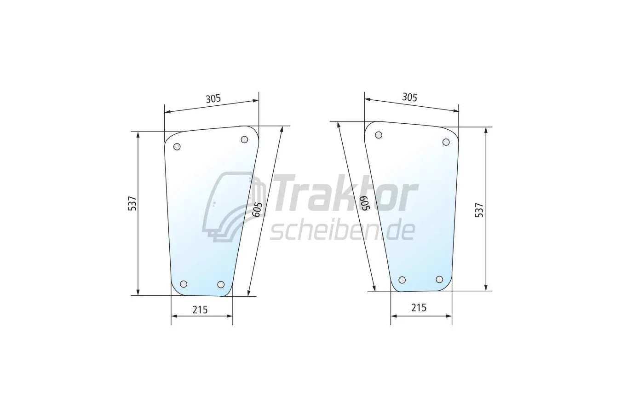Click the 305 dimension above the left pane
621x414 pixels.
point(213,98)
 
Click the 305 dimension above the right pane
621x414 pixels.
point(409,98)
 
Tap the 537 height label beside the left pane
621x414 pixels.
point(132,203)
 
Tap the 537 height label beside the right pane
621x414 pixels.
point(479,210)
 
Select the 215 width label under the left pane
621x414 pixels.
point(200,310)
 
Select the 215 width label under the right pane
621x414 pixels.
point(419,308)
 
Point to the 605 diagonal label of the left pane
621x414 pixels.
point(257,209)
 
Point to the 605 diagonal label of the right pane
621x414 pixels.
point(365,204)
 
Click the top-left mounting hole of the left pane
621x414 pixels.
point(177,147)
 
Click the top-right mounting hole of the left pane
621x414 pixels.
point(244,139)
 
